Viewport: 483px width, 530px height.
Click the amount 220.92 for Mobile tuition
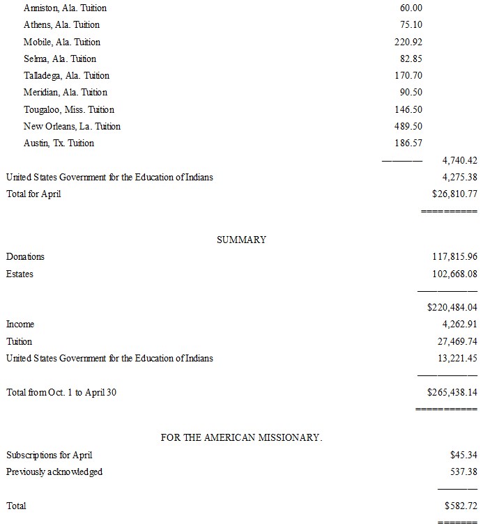tap(408, 42)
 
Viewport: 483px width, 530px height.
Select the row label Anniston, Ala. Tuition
tap(65, 8)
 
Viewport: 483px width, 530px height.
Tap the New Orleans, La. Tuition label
tap(72, 126)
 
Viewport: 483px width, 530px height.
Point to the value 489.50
tap(408, 126)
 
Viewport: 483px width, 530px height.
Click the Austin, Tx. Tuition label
tap(59, 143)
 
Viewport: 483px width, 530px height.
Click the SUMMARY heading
tap(241, 240)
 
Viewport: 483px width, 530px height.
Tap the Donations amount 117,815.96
tap(454, 257)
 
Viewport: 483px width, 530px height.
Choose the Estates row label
tap(20, 274)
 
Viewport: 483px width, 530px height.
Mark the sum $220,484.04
tap(452, 307)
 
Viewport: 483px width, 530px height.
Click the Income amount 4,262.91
tap(459, 324)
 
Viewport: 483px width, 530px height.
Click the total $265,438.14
tap(452, 392)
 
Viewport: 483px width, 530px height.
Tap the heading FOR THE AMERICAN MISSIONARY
tap(241, 437)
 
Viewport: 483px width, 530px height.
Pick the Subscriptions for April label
tap(49, 455)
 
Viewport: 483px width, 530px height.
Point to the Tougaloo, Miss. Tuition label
tap(69, 109)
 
